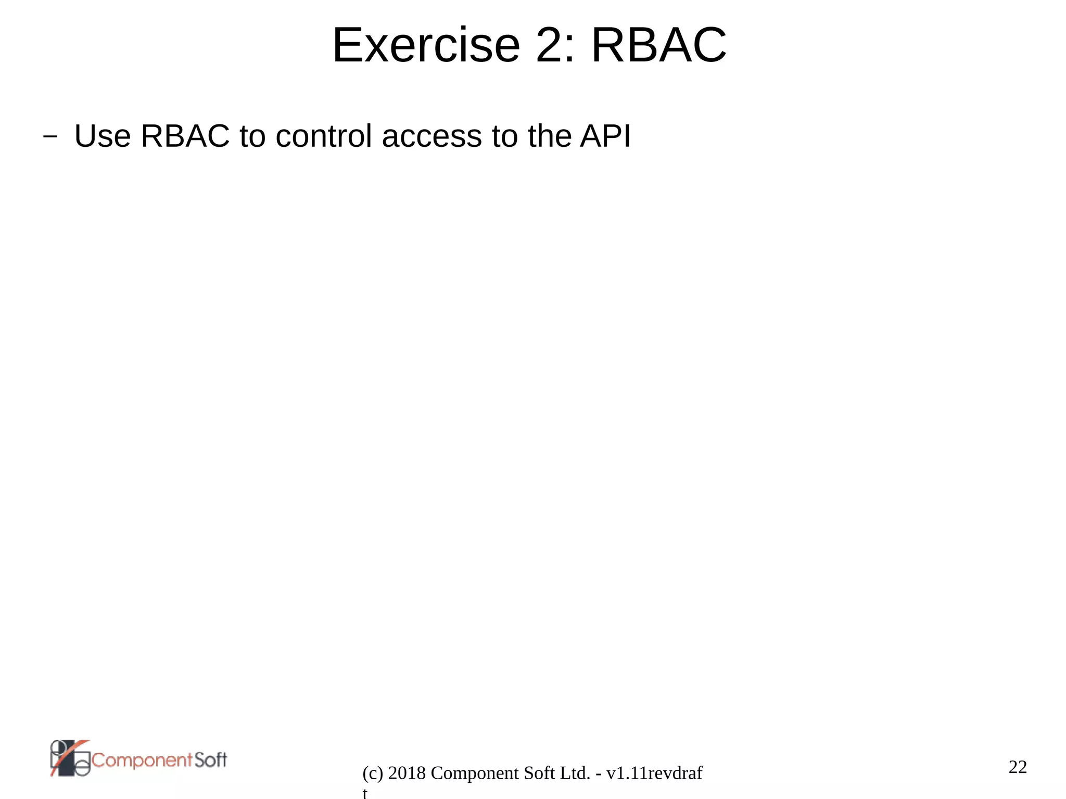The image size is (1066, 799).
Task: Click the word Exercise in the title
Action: click(426, 46)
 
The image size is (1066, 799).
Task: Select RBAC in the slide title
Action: click(658, 46)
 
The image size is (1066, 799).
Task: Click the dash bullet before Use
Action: click(50, 137)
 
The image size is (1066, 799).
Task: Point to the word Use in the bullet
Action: click(103, 136)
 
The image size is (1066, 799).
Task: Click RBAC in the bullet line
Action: click(185, 136)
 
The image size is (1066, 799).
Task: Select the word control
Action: click(323, 136)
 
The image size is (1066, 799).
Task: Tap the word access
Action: click(432, 136)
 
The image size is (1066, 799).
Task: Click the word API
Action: click(605, 136)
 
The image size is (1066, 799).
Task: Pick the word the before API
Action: click(550, 136)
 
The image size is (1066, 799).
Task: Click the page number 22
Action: click(1018, 767)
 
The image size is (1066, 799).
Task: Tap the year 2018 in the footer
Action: click(408, 773)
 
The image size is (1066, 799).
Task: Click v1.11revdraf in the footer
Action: click(654, 773)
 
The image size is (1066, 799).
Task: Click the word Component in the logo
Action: click(142, 760)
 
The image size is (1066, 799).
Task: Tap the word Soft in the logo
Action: click(211, 760)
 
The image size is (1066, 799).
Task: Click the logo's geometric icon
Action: click(70, 758)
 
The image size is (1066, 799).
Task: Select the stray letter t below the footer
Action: click(365, 793)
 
